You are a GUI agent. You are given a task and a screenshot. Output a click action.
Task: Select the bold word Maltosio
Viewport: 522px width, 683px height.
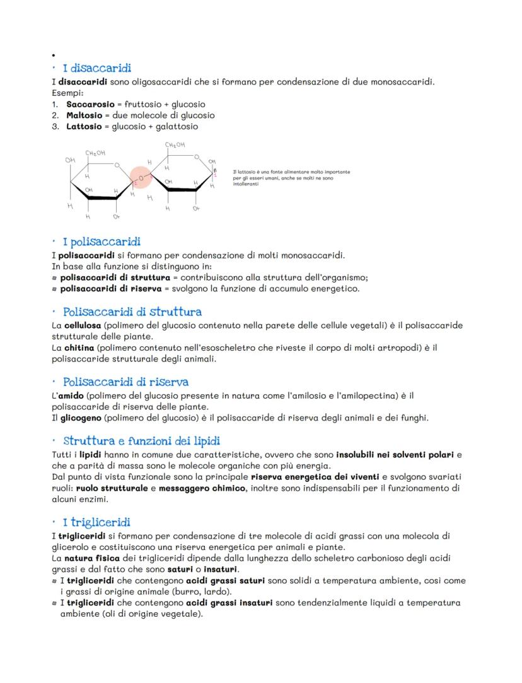(86, 115)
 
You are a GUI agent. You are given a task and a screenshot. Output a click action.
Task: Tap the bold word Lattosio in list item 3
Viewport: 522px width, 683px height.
(86, 126)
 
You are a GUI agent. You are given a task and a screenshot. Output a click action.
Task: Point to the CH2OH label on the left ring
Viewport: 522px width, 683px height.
(96, 153)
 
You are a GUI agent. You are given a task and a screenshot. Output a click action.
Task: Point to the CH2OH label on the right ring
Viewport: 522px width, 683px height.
(175, 145)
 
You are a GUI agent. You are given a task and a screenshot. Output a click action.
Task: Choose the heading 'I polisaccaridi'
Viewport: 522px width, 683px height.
(101, 242)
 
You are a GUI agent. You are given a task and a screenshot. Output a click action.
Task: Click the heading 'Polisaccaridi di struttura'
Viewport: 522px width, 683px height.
(132, 312)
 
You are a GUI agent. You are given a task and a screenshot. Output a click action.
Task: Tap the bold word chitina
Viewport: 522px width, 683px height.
(79, 348)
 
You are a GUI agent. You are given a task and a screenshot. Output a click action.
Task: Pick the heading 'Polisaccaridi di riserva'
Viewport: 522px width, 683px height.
(126, 382)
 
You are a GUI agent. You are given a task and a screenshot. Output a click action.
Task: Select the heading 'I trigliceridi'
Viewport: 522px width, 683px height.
(96, 522)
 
